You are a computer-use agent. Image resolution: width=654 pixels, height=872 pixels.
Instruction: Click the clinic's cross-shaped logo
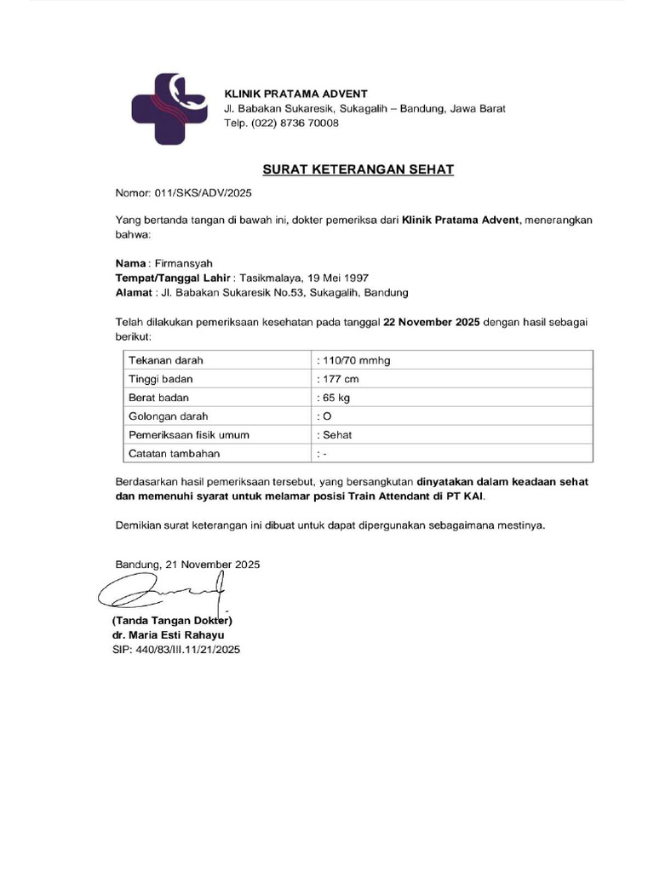click(x=168, y=108)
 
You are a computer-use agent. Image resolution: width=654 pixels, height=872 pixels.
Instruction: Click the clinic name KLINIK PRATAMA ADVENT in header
click(x=295, y=93)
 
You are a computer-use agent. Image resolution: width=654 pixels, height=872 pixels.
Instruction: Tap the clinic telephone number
click(x=281, y=123)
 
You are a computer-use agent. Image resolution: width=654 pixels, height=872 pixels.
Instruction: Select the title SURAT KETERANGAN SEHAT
click(x=358, y=169)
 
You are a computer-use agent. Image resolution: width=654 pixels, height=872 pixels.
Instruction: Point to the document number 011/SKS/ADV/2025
click(x=204, y=193)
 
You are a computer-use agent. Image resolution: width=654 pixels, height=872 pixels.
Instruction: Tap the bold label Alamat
click(x=133, y=293)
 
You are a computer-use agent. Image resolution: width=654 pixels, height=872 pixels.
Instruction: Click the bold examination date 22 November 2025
click(x=433, y=322)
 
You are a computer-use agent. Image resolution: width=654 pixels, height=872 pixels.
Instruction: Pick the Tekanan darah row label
click(x=166, y=360)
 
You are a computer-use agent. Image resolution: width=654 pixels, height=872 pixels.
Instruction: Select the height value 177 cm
click(x=338, y=379)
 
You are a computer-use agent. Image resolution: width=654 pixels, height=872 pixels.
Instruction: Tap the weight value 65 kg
click(x=335, y=398)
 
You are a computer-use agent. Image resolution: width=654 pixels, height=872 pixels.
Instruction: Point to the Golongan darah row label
click(x=168, y=416)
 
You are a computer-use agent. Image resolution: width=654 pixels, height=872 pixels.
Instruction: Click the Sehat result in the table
click(x=334, y=435)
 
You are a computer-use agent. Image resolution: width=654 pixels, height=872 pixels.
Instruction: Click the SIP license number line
click(x=176, y=649)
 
